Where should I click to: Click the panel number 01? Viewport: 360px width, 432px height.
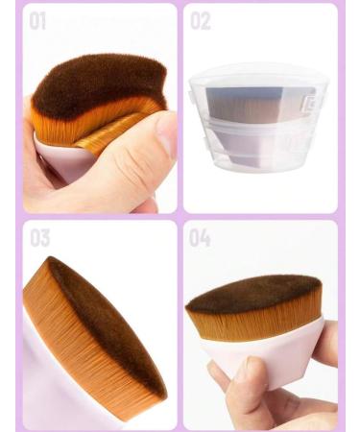(x=37, y=20)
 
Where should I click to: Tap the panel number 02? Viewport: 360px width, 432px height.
(x=201, y=20)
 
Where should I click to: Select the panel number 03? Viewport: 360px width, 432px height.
(x=39, y=238)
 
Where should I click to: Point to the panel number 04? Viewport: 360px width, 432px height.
(x=200, y=238)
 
